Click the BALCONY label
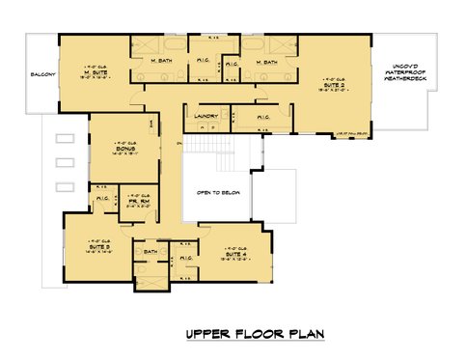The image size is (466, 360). pyautogui.click(x=41, y=74)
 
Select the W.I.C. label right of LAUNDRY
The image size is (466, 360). pyautogui.click(x=262, y=117)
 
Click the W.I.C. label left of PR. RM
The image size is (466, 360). pyautogui.click(x=103, y=201)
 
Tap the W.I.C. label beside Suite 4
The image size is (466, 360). pyautogui.click(x=186, y=258)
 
